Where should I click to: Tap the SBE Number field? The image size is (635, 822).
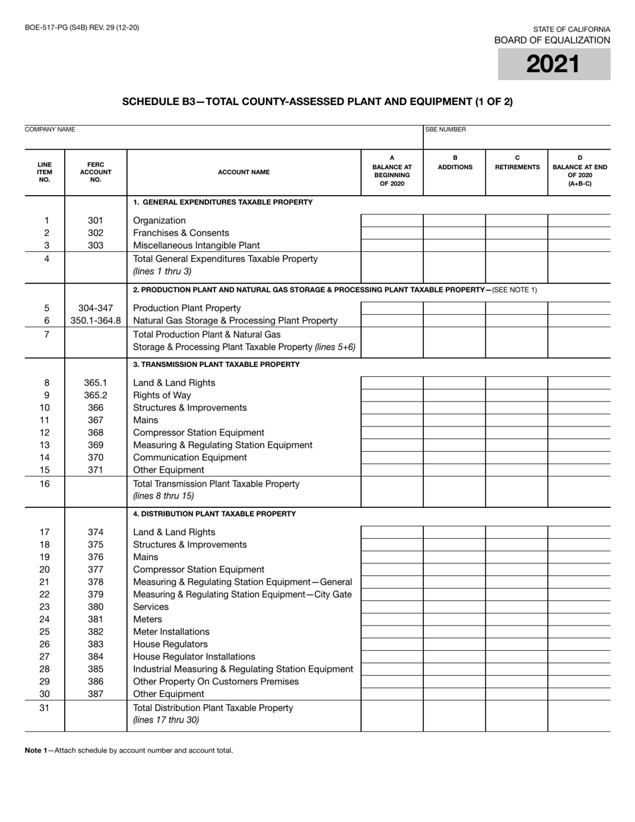(517, 138)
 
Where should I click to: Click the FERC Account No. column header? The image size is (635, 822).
(96, 172)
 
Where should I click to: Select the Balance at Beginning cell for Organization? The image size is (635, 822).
(392, 221)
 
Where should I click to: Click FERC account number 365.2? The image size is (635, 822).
(96, 396)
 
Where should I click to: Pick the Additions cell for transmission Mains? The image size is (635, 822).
(455, 420)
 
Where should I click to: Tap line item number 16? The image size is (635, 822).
(44, 484)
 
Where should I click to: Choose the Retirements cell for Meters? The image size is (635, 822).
(517, 620)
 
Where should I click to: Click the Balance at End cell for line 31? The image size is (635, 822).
(579, 716)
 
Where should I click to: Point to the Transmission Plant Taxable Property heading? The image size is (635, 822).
(217, 365)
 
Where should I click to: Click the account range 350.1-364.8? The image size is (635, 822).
(96, 321)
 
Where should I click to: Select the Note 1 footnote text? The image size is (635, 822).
(129, 750)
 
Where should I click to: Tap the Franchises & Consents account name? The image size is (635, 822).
(181, 233)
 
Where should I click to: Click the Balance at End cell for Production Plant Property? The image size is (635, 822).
(579, 308)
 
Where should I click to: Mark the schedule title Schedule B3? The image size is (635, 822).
(317, 102)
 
